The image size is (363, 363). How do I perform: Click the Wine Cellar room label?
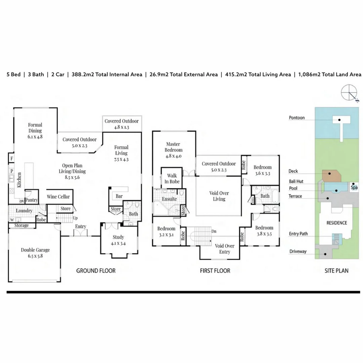[58, 197]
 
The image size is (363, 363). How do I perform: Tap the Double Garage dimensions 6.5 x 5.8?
[35, 256]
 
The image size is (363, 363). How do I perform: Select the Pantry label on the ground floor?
[32, 200]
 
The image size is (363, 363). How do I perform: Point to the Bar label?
[119, 196]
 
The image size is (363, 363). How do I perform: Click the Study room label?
[118, 237]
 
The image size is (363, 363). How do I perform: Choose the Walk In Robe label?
[172, 178]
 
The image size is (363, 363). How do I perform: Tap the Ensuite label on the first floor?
[169, 199]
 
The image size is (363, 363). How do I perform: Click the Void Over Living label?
[219, 196]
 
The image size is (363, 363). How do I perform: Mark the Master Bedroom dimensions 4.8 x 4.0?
[173, 156]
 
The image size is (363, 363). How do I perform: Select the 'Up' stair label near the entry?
[75, 218]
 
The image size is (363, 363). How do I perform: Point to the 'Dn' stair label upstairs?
[214, 231]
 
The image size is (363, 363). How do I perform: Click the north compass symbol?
[350, 93]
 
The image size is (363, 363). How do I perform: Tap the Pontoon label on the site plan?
[296, 118]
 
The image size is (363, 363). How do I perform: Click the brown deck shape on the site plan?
[331, 176]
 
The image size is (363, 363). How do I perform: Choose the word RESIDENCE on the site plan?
[336, 223]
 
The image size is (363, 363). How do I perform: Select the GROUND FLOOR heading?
[96, 271]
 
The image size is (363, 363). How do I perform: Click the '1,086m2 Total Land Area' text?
[330, 74]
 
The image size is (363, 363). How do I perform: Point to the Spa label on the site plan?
[354, 187]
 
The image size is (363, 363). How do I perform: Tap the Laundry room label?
[24, 211]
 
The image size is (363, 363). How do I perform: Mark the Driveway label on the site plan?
[298, 251]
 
